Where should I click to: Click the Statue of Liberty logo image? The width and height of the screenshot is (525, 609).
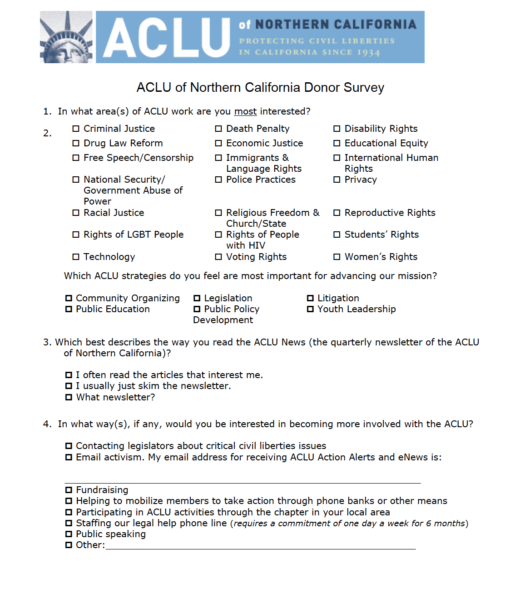tap(66, 37)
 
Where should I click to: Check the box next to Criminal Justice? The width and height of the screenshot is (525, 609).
tap(76, 129)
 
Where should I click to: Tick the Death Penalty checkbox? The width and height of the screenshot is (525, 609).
tap(218, 129)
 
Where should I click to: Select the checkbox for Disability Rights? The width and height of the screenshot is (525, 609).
tap(337, 129)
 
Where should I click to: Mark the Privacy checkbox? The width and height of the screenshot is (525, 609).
tap(337, 180)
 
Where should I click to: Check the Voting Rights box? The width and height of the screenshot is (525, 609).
tap(218, 257)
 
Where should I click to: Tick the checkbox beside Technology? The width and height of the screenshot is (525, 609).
tap(76, 257)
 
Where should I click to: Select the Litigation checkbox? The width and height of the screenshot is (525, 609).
tap(311, 298)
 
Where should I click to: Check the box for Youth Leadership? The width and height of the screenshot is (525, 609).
tap(311, 309)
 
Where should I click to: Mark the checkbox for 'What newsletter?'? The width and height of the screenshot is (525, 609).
tap(69, 397)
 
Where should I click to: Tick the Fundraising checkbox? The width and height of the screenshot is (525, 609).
tap(69, 490)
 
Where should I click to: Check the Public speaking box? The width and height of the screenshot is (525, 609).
tap(69, 534)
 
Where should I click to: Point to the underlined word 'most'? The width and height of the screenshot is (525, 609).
tap(245, 111)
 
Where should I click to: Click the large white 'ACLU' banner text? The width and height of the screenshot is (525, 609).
tap(167, 38)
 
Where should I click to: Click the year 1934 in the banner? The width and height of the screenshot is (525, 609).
tap(368, 53)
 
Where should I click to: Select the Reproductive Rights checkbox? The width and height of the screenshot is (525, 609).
tap(337, 213)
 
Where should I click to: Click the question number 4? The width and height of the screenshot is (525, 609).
tap(47, 424)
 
